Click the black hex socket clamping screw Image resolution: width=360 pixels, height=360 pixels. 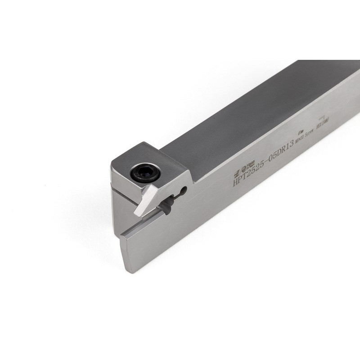tap(144, 172)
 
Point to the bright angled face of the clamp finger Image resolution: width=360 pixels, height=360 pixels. tap(147, 200)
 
